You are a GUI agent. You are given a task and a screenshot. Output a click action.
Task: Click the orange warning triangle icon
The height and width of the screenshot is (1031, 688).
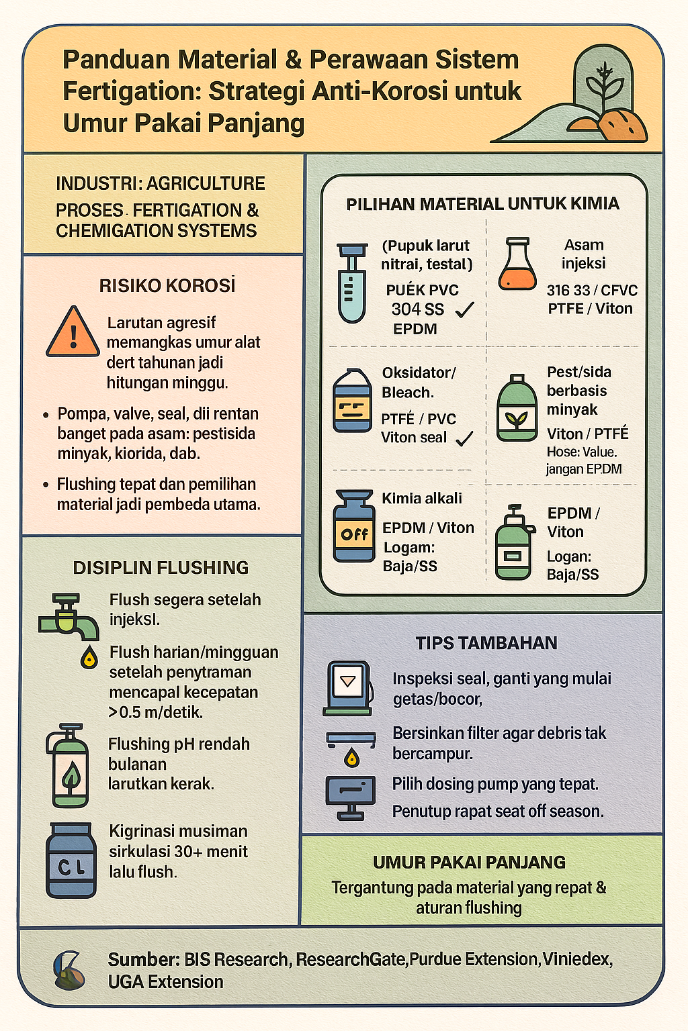73,332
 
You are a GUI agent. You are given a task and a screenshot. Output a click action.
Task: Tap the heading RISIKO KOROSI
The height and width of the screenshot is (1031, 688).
167,286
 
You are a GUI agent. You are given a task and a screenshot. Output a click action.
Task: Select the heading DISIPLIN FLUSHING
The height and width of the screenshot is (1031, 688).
161,567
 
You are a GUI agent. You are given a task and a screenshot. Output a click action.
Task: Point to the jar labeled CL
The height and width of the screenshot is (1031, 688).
71,861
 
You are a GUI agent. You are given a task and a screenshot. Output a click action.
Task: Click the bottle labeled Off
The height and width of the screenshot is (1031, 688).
354,526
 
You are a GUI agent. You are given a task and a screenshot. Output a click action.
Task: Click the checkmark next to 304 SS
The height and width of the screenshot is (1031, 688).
464,309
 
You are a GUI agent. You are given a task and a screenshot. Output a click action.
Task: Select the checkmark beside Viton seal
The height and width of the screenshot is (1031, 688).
464,438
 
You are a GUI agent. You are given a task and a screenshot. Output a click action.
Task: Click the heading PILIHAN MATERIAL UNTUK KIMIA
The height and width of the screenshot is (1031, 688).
482,204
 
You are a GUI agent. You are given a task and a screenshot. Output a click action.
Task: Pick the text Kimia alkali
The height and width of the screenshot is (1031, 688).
422,498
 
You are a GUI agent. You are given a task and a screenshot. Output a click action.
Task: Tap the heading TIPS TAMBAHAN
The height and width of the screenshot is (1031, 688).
486,643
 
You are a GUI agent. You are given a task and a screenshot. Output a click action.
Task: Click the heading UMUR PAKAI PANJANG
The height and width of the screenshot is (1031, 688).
469,862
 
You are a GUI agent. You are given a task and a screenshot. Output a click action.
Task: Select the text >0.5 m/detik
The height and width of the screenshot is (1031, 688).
156,712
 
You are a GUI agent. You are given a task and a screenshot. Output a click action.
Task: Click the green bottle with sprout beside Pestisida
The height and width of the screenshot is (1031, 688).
517,408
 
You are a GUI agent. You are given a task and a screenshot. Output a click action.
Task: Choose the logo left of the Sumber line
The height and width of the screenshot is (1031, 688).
69,970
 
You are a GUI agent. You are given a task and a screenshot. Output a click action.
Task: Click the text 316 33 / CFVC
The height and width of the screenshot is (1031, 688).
592,291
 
